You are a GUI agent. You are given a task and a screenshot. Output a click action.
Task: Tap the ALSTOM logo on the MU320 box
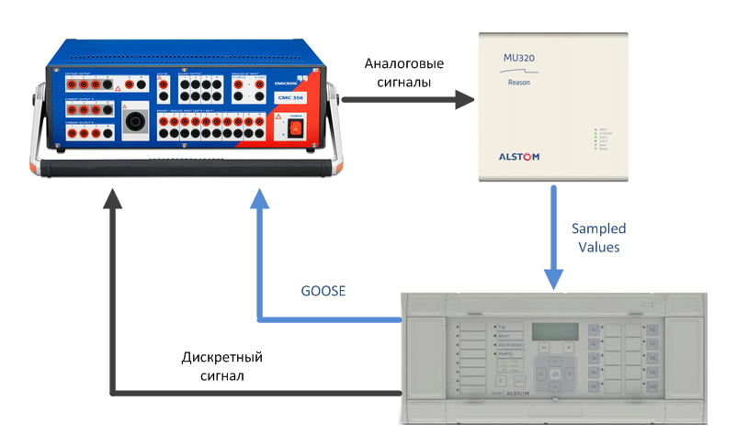(x=518, y=157)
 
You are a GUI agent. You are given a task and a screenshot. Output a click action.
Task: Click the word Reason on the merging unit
(x=518, y=83)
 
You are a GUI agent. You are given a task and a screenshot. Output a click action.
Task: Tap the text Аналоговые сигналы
(x=403, y=72)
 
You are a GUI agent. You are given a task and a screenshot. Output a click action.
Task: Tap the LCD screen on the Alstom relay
(x=555, y=331)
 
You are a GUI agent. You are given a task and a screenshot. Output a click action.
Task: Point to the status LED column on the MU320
(x=597, y=138)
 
